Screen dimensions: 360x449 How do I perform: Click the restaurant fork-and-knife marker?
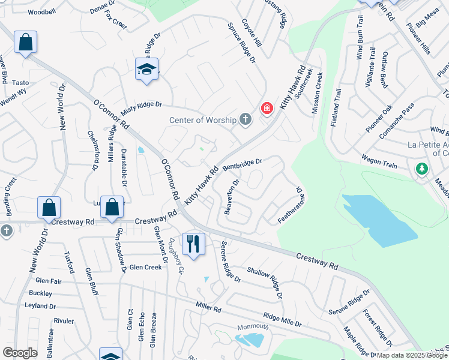(193, 244)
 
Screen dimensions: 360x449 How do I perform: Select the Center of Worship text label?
(203, 120)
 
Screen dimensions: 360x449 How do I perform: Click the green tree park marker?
(422, 169)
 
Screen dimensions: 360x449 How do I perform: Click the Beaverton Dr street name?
(232, 196)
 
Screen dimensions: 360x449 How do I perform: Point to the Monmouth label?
(252, 327)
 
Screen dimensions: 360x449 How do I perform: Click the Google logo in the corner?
(20, 353)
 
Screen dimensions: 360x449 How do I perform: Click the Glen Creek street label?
(145, 267)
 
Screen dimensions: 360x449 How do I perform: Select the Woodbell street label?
(41, 11)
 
